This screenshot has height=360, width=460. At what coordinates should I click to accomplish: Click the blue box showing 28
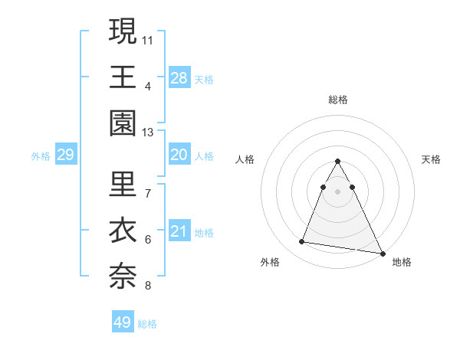click(x=179, y=77)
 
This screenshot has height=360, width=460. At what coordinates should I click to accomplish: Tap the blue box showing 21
click(x=179, y=232)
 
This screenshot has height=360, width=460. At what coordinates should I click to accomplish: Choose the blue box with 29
click(x=66, y=155)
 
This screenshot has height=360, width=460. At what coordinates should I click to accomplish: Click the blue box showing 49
click(x=123, y=322)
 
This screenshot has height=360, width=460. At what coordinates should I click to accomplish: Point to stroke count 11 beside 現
click(x=148, y=39)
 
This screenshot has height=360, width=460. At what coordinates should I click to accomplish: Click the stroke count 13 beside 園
click(x=148, y=133)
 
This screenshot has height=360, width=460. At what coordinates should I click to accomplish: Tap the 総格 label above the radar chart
click(x=338, y=100)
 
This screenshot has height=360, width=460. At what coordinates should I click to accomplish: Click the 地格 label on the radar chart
click(x=402, y=262)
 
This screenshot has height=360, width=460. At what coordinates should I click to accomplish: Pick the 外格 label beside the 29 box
click(x=41, y=156)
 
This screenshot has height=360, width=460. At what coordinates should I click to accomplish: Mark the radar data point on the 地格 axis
click(x=383, y=253)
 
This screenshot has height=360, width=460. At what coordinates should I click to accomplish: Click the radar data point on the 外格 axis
click(x=302, y=242)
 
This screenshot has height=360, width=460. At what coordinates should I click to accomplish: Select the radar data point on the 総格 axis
click(x=338, y=161)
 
